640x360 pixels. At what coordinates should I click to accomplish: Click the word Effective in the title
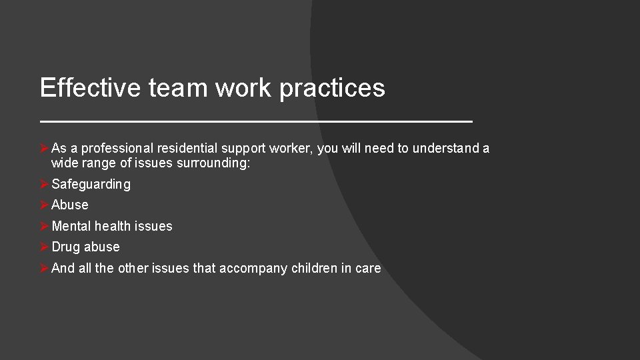91,87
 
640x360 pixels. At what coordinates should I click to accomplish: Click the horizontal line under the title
256,121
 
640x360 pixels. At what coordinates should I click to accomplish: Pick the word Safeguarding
91,184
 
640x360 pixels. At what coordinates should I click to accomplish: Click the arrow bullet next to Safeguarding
44,184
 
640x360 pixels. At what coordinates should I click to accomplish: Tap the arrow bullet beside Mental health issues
44,226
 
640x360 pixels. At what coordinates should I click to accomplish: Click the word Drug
65,247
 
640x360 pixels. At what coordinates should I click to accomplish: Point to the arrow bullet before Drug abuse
44,247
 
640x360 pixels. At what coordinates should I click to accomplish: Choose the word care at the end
369,269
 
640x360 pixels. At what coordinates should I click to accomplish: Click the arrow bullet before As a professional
44,149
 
